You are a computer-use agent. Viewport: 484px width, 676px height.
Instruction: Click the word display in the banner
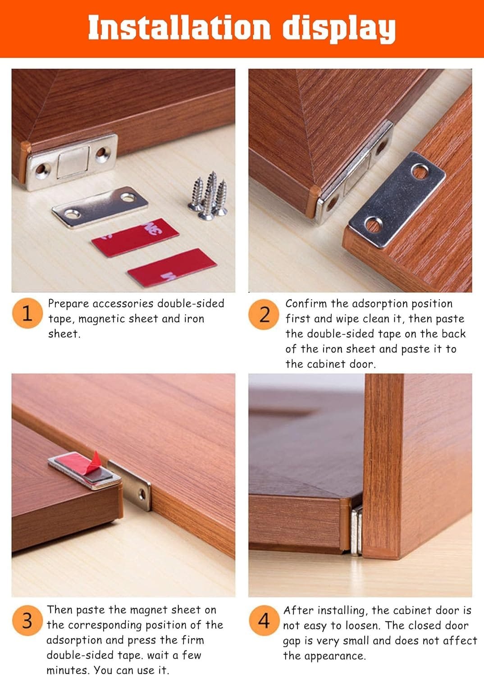(339, 30)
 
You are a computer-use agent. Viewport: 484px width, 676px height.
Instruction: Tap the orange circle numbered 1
(27, 313)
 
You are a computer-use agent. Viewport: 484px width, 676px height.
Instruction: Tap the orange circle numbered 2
(264, 315)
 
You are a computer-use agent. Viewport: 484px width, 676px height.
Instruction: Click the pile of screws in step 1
(209, 195)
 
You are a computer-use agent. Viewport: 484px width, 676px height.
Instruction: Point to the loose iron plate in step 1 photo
(100, 207)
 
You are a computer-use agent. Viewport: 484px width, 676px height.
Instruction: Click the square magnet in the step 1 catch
(73, 162)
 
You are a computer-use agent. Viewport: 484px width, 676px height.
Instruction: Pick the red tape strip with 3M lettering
(135, 238)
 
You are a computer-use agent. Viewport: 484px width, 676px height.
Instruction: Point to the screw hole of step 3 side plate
(142, 495)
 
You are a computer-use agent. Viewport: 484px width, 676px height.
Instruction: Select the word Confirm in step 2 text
(306, 304)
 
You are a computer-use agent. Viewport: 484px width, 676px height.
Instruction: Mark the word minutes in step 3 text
(68, 670)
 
